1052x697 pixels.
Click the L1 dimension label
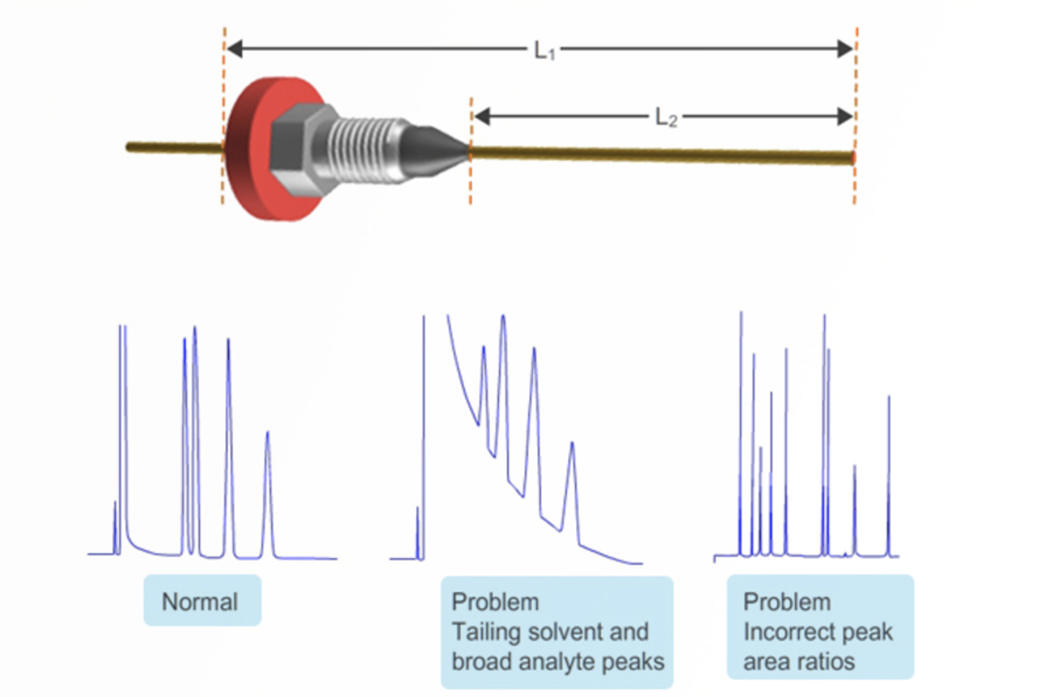[544, 50]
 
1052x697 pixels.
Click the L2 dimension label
[665, 118]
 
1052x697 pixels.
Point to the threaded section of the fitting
[365, 148]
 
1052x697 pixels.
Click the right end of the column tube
[851, 158]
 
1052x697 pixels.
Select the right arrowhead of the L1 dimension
[845, 49]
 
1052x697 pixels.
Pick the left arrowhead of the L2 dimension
[482, 117]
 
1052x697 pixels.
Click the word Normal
[200, 602]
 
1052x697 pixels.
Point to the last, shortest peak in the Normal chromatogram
[268, 460]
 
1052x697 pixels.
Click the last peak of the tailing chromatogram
[573, 473]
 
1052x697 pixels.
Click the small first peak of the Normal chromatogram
[115, 519]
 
